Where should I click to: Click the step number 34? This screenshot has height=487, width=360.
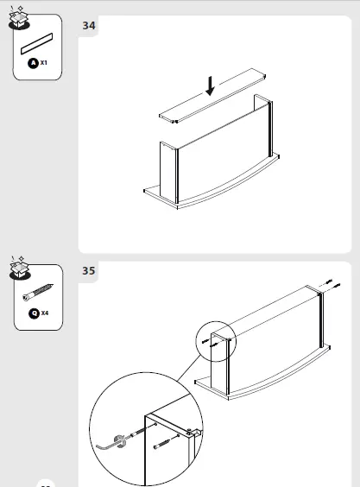pyautogui.click(x=89, y=26)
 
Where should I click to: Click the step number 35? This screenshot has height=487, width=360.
pyautogui.click(x=89, y=271)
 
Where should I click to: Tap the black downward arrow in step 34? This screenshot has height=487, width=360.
pyautogui.click(x=209, y=85)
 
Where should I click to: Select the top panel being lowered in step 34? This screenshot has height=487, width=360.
pyautogui.click(x=216, y=102)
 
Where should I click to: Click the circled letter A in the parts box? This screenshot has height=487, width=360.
pyautogui.click(x=33, y=64)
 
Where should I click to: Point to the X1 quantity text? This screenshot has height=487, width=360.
pyautogui.click(x=43, y=64)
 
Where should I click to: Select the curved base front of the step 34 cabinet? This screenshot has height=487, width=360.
pyautogui.click(x=216, y=196)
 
